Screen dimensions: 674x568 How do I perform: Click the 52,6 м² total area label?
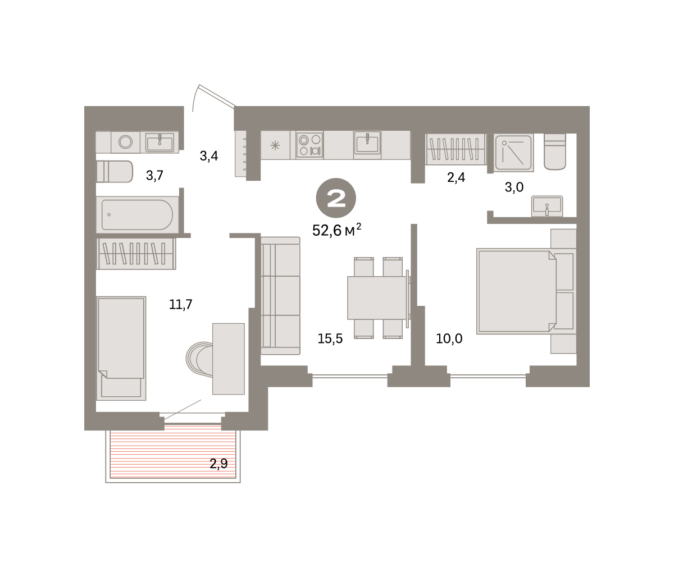336,230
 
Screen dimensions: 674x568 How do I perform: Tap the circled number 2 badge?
336,198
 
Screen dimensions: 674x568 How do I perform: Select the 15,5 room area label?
330,338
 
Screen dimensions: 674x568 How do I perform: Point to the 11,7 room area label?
180,304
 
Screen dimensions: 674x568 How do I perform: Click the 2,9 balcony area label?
218,464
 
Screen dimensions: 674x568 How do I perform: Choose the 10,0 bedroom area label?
449,338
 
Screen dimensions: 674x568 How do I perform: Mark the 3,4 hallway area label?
209,156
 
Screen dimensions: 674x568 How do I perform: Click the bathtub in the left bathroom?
137,214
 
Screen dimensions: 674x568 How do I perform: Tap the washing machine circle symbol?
126,142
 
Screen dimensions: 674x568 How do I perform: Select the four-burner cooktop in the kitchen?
309,145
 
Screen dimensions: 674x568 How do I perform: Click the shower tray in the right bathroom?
513,153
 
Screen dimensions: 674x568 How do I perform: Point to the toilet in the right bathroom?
555,152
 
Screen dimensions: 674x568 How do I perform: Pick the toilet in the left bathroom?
115,172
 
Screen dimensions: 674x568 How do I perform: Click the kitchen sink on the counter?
367,143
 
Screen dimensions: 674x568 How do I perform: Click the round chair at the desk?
199,358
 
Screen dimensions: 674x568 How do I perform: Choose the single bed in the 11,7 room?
121,349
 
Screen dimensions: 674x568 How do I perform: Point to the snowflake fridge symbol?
275,145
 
